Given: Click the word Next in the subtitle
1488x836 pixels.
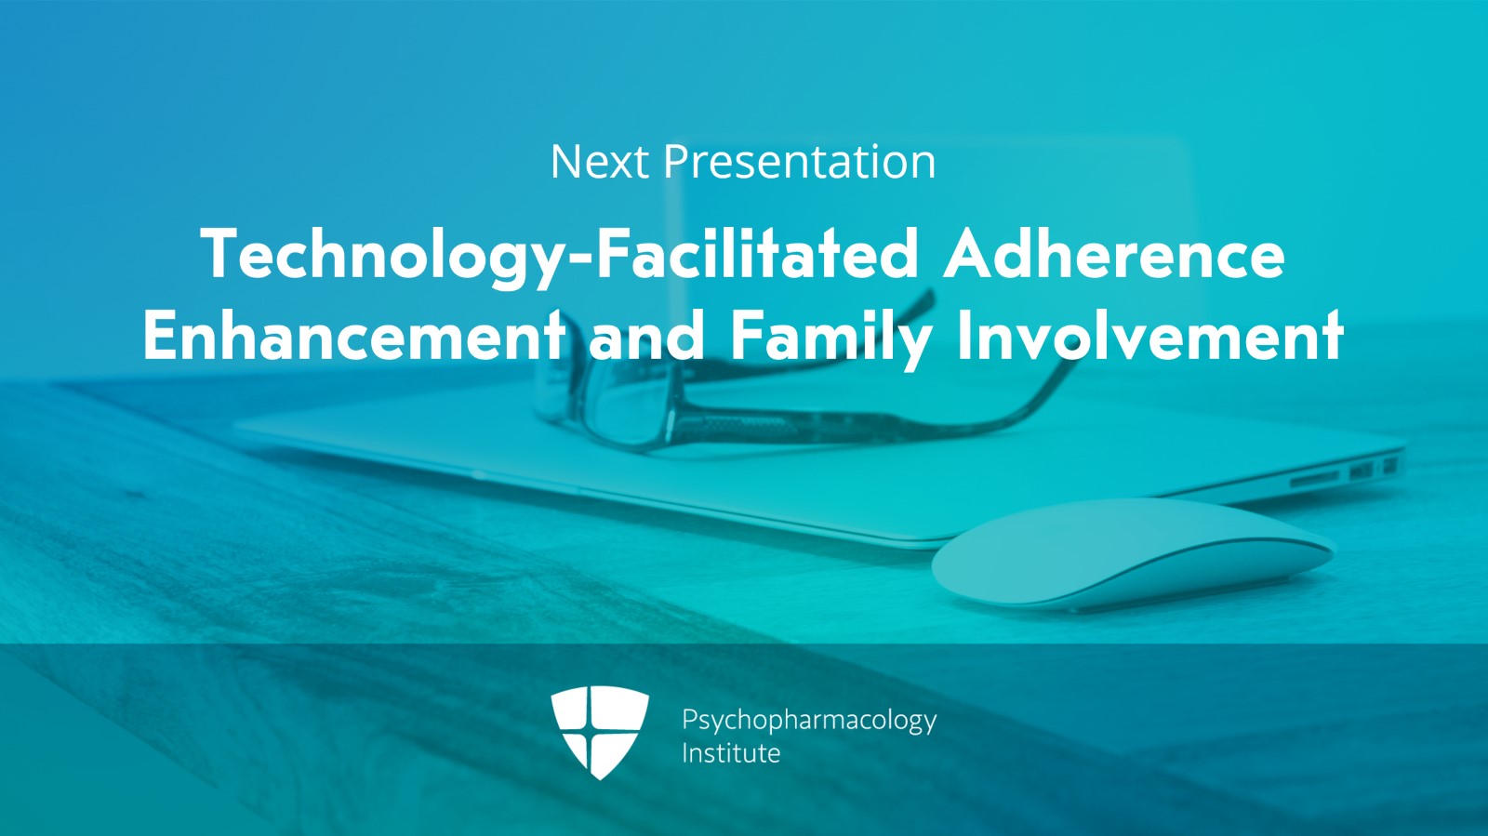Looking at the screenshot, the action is coord(599,162).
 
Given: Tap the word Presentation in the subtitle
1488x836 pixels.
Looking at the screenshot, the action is coord(800,162).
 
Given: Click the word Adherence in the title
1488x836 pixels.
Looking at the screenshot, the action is coord(1114,254).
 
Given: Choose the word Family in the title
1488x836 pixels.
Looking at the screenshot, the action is coord(831,338).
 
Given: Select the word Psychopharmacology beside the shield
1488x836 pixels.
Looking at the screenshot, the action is coord(809,721).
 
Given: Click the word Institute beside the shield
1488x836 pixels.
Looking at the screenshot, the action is coord(731,753).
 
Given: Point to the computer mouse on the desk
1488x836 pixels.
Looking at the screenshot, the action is coord(1133,553).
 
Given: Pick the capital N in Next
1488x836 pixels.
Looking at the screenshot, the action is coord(566,162).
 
